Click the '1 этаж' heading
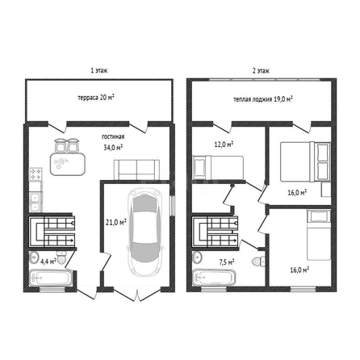[99, 71]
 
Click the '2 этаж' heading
[261, 71]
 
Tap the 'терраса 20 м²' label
[96, 98]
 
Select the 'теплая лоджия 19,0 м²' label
[263, 99]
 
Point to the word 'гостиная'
[113, 136]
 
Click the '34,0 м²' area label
[113, 147]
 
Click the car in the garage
[145, 232]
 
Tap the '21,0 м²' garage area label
[116, 222]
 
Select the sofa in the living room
[136, 170]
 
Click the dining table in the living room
[67, 164]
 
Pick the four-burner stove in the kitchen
[36, 174]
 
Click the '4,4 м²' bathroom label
[48, 261]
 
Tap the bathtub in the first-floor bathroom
[51, 277]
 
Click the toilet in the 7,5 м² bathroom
[259, 261]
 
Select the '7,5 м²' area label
[227, 262]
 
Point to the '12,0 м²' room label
[224, 144]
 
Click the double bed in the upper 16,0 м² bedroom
[305, 161]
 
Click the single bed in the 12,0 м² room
[218, 167]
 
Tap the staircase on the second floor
[215, 232]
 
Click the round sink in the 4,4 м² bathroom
[34, 257]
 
